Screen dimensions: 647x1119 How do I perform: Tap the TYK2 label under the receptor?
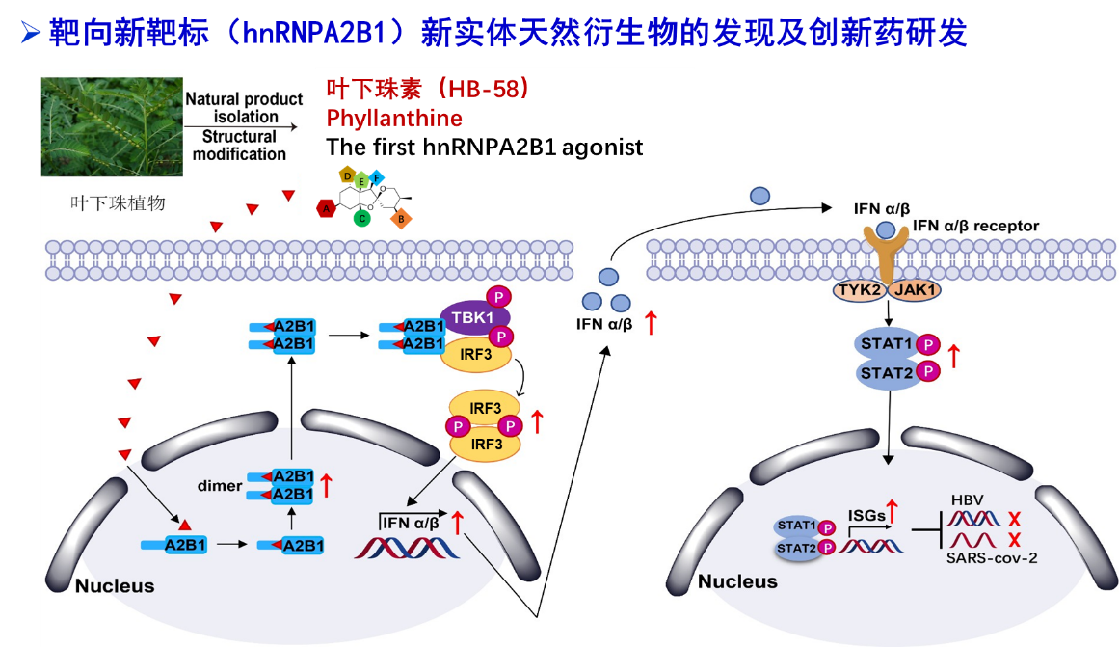[x=858, y=289]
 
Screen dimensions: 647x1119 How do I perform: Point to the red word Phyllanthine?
[x=394, y=119]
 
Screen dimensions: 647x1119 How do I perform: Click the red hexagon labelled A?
[x=327, y=207]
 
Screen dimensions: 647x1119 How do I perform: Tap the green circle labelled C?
[x=361, y=218]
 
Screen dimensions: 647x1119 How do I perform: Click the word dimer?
[x=219, y=486]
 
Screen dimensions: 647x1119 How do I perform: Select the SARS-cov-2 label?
[x=993, y=558]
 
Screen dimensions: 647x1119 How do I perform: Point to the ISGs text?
[x=866, y=516]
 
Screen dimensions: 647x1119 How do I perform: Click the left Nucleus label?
[x=115, y=586]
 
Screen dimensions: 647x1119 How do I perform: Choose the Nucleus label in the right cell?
[x=737, y=582]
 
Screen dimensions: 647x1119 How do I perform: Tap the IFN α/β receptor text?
[x=975, y=226]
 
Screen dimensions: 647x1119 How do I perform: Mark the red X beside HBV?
[x=1013, y=518]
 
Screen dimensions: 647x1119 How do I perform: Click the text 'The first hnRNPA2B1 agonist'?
[x=485, y=148]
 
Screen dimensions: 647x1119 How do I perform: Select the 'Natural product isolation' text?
[x=245, y=108]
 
